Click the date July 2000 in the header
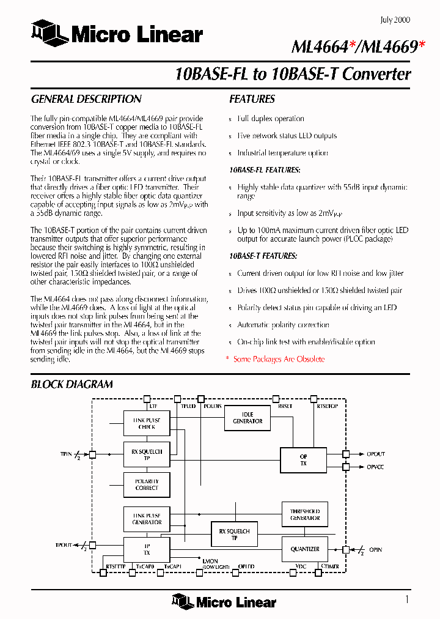395,20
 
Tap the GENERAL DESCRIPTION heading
86,99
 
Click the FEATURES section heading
252,99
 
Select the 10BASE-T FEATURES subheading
263,256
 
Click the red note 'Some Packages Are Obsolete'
279,359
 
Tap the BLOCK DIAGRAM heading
71,384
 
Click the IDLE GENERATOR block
248,418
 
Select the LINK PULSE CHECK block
147,423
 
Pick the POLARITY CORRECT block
147,484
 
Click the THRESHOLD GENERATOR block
304,514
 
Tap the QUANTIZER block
304,549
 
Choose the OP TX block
304,460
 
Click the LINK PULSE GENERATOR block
147,519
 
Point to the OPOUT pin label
376,454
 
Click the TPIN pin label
66,454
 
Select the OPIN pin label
375,549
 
